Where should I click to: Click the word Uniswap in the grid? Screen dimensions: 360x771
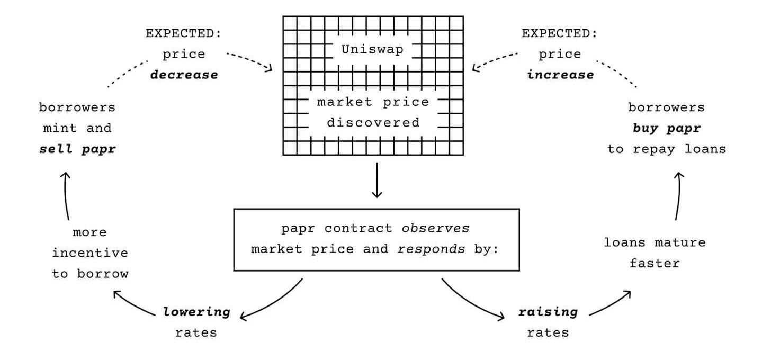(x=372, y=50)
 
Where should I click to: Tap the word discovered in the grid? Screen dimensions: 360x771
(x=373, y=123)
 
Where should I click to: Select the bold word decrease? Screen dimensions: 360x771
(x=184, y=75)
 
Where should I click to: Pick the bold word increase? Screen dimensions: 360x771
(x=560, y=75)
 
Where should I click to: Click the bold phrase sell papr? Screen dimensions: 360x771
(x=77, y=149)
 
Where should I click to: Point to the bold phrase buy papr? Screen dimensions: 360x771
(x=666, y=128)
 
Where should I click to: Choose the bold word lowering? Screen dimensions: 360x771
(x=197, y=312)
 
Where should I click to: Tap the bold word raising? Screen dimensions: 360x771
(x=548, y=312)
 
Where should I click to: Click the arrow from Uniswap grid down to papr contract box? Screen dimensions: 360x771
(x=377, y=180)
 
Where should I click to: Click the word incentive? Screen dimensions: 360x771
(x=90, y=253)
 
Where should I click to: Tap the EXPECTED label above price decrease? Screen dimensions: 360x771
(x=183, y=33)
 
